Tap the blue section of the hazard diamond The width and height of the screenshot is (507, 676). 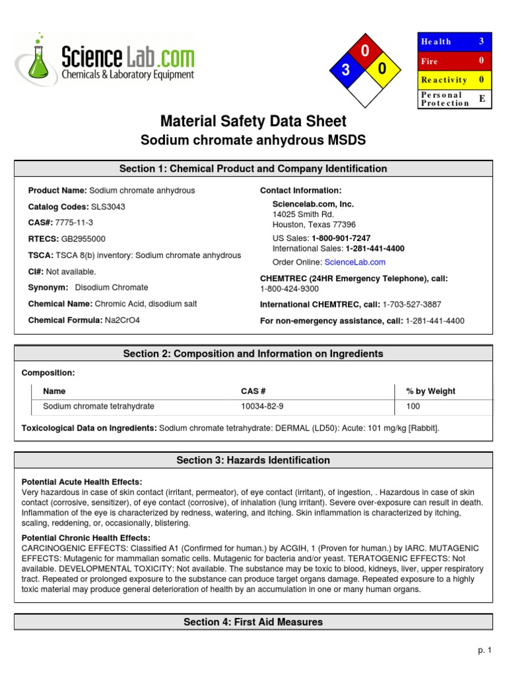pos(345,71)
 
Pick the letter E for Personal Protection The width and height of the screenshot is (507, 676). pos(481,98)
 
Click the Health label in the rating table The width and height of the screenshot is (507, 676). pos(436,42)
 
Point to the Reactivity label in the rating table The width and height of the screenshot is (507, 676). pos(444,80)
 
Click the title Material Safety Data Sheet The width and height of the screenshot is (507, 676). pos(253,121)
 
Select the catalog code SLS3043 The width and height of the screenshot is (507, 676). pos(108,207)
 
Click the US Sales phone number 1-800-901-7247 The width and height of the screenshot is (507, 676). pos(341,238)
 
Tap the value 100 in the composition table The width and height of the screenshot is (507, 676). pos(413,407)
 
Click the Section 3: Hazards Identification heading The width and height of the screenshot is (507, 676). pos(253,460)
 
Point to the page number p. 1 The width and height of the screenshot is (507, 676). pos(485,650)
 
